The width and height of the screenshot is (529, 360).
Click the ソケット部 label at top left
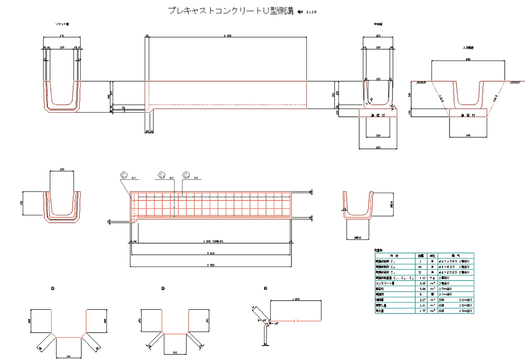63,24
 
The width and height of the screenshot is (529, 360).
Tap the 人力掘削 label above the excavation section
468,48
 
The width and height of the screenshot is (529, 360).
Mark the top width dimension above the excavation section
468,60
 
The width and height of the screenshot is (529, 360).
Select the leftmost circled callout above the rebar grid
124,176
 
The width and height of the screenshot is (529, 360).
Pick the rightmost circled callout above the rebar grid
186,176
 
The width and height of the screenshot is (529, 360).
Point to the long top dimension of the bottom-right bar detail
296,300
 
